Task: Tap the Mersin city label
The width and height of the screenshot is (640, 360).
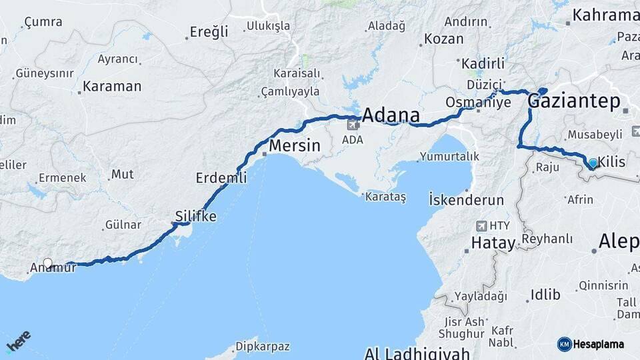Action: tap(295, 145)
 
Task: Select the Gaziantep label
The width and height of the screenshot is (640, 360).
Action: tap(573, 101)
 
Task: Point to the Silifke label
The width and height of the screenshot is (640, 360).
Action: tap(195, 216)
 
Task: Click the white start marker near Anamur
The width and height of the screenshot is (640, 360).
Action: tap(47, 263)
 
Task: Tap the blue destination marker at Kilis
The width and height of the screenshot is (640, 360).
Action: tap(593, 163)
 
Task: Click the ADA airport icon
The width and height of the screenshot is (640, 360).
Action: tap(353, 126)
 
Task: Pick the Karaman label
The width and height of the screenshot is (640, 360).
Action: tap(112, 87)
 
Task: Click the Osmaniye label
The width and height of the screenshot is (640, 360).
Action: tap(477, 102)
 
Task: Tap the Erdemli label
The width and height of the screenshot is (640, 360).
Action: tap(221, 178)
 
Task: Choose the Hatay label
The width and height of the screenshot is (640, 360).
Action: tap(493, 243)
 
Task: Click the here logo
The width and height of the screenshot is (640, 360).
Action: tap(18, 341)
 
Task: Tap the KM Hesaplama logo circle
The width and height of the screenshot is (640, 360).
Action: tap(564, 344)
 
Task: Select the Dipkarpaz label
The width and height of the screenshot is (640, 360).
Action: tap(265, 347)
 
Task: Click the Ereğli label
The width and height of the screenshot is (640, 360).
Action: tap(209, 31)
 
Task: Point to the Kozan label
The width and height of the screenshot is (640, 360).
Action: tap(443, 39)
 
